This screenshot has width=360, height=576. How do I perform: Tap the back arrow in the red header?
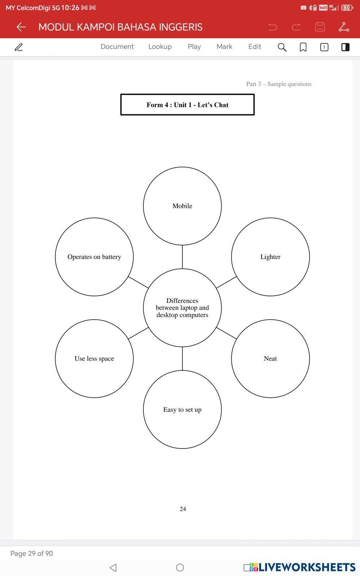21,27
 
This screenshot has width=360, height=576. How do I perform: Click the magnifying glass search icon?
282,47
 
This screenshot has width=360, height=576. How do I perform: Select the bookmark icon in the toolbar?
303,47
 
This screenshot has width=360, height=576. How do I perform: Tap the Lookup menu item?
160,47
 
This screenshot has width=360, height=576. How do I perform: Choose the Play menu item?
194,47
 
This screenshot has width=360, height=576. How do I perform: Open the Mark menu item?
224,47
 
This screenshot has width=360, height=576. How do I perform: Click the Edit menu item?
255,47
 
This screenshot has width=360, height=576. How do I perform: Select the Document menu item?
117,47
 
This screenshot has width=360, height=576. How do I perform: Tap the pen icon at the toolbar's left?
18,47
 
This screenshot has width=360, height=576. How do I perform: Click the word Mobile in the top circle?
182,206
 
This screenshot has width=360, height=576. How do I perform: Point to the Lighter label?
270,257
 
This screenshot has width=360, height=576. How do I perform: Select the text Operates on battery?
94,257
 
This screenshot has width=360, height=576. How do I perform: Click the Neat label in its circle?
270,359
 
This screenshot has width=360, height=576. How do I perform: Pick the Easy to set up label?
182,410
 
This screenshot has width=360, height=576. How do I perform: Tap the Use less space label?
94,359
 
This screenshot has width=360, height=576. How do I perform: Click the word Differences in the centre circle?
182,301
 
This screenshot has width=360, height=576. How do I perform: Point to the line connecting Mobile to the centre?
182,257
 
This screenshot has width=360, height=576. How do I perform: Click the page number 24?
183,509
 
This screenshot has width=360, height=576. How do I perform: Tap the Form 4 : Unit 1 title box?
187,105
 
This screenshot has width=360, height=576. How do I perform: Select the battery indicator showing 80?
347,8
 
